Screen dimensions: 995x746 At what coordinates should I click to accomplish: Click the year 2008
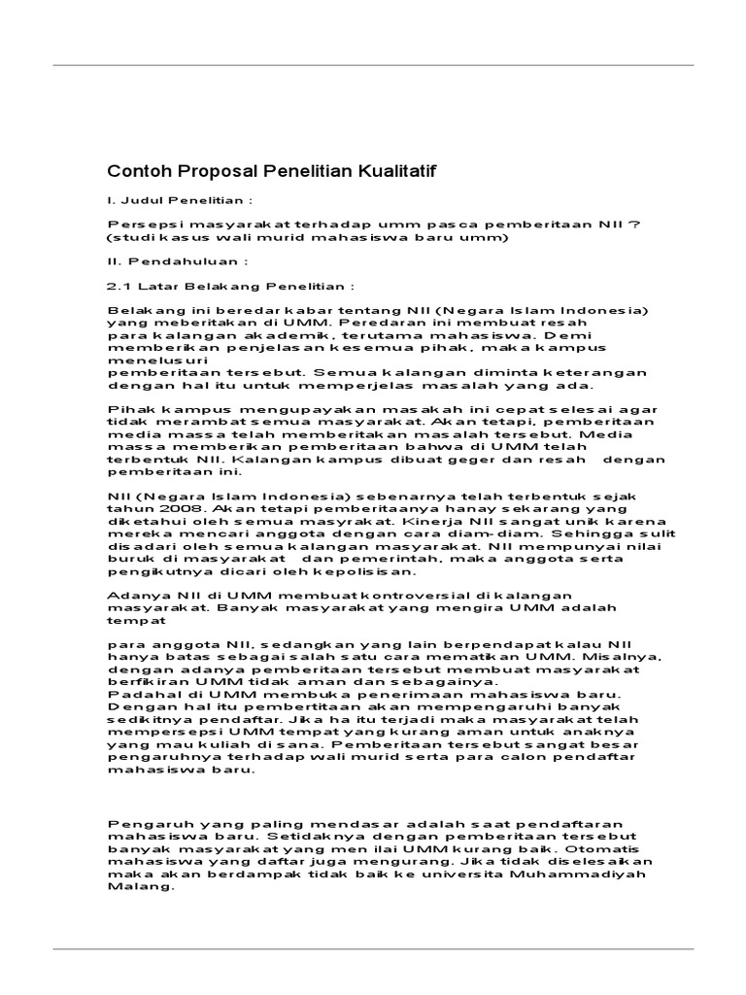[164, 508]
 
